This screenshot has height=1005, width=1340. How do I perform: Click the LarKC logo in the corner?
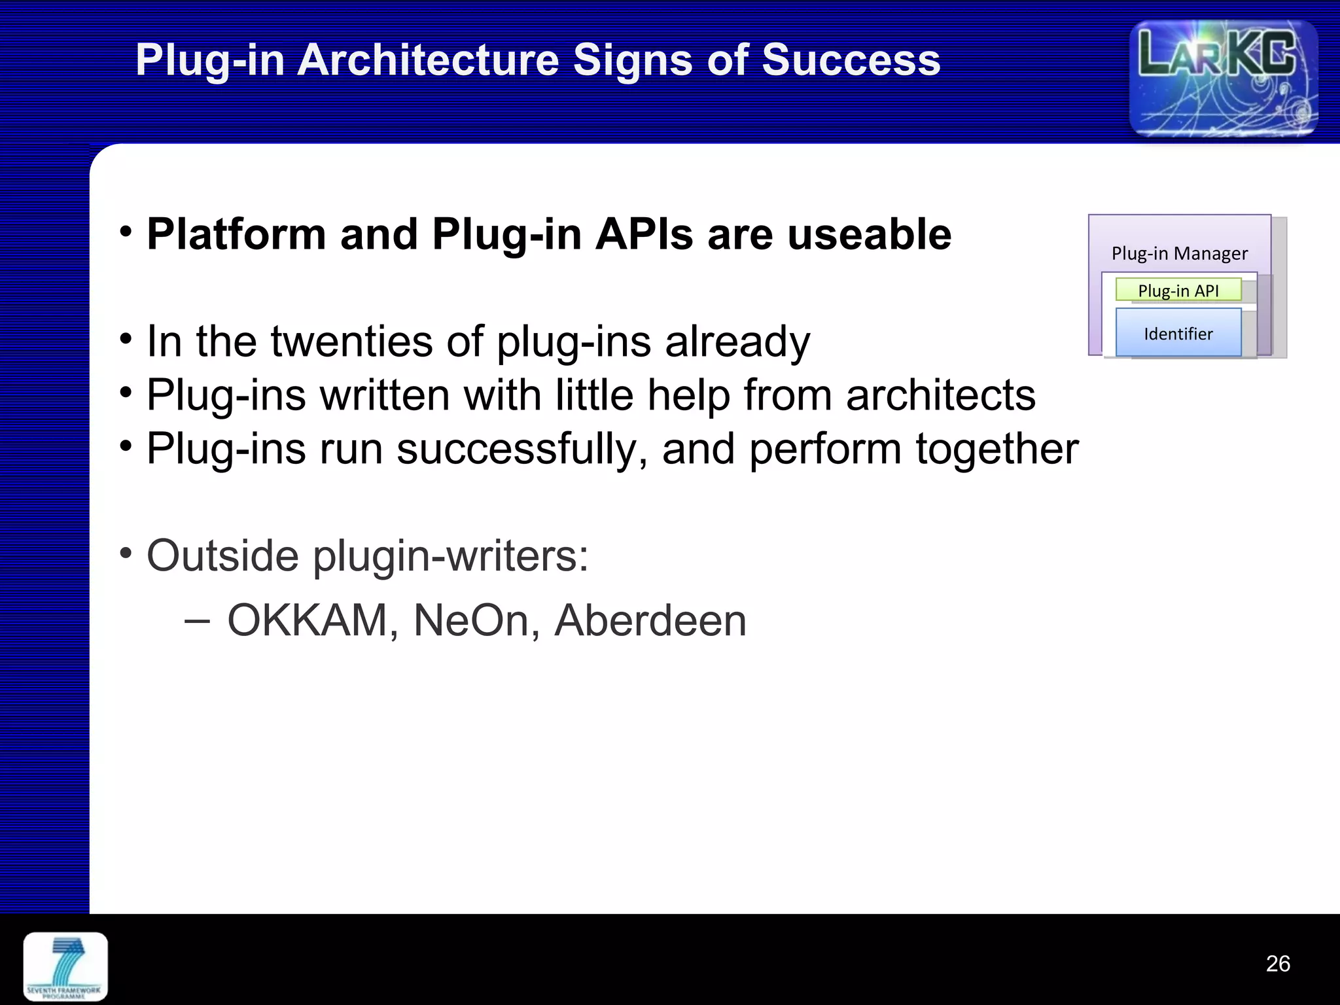point(1223,78)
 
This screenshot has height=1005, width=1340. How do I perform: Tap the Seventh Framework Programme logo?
point(65,966)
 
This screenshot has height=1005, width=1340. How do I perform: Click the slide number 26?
point(1277,964)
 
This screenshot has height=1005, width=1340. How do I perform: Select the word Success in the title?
point(851,60)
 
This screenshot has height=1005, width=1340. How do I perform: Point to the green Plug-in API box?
point(1178,291)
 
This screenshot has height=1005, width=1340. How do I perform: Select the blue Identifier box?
point(1178,333)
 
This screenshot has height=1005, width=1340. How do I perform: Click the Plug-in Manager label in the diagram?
point(1179,253)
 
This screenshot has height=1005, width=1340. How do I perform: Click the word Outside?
point(222,556)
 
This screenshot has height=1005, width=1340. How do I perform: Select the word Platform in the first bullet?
point(236,234)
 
